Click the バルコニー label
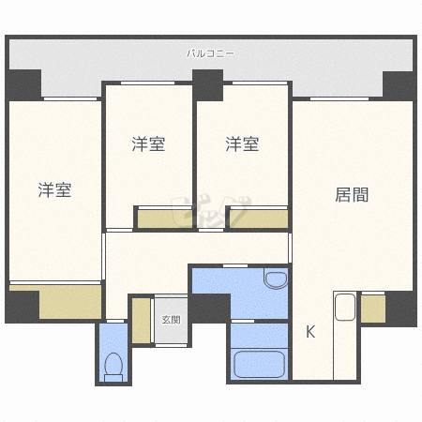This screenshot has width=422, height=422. [210, 53]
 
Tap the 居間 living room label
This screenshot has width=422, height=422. [352, 195]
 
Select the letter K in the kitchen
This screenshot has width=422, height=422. [310, 330]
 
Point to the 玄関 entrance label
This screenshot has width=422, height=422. [171, 319]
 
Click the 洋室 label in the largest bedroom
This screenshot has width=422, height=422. [54, 190]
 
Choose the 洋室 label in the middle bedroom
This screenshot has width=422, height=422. [148, 144]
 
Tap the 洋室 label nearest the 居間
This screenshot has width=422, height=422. [242, 144]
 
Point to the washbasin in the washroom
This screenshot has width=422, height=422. [275, 279]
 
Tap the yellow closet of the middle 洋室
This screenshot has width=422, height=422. [165, 219]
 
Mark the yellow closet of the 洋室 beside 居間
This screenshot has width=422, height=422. [258, 219]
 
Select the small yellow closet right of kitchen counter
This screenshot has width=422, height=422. [372, 309]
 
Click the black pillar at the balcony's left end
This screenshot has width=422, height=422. [24, 84]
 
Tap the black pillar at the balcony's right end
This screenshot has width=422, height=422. [399, 84]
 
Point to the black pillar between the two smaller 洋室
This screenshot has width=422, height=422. [208, 84]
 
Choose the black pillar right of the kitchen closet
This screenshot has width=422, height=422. [401, 308]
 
